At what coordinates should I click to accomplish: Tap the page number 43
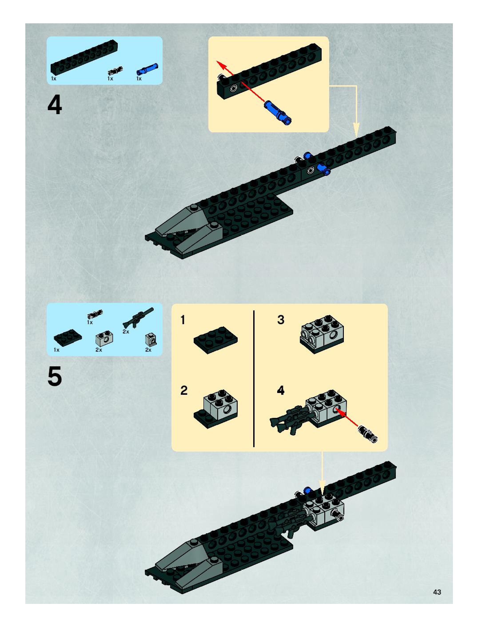[x=437, y=592]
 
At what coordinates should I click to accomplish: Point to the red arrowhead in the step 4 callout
[x=220, y=64]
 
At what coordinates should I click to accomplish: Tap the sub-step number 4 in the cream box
[x=281, y=390]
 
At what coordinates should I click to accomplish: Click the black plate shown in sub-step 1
[x=215, y=340]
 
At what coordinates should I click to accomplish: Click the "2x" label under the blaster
[x=126, y=331]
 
